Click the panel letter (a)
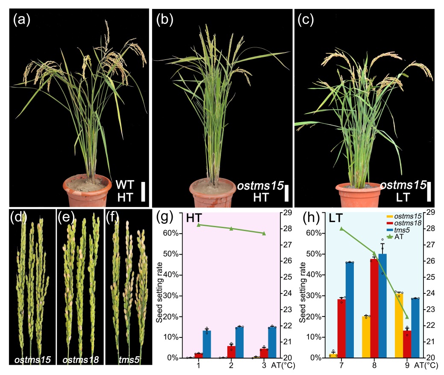tap(21, 20)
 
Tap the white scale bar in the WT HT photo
tap(144, 190)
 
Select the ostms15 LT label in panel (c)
tap(403, 190)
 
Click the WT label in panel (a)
tap(125, 185)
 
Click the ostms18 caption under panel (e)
tap(81, 360)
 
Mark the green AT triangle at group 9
tap(407, 317)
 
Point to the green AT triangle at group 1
tap(199, 225)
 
